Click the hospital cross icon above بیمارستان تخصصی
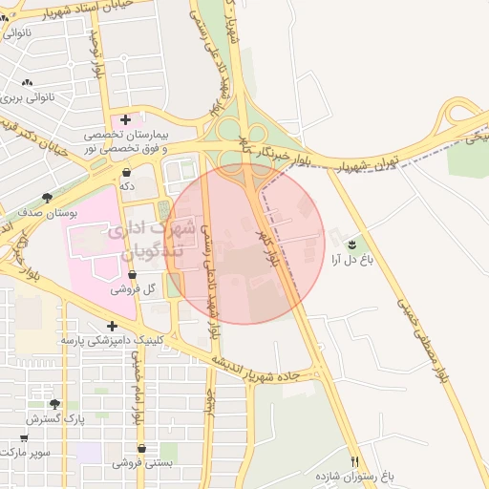click(x=126, y=119)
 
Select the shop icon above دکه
click(x=126, y=172)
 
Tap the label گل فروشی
click(x=132, y=287)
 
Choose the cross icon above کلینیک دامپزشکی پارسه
click(x=114, y=326)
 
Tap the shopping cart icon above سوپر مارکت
click(x=25, y=436)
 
